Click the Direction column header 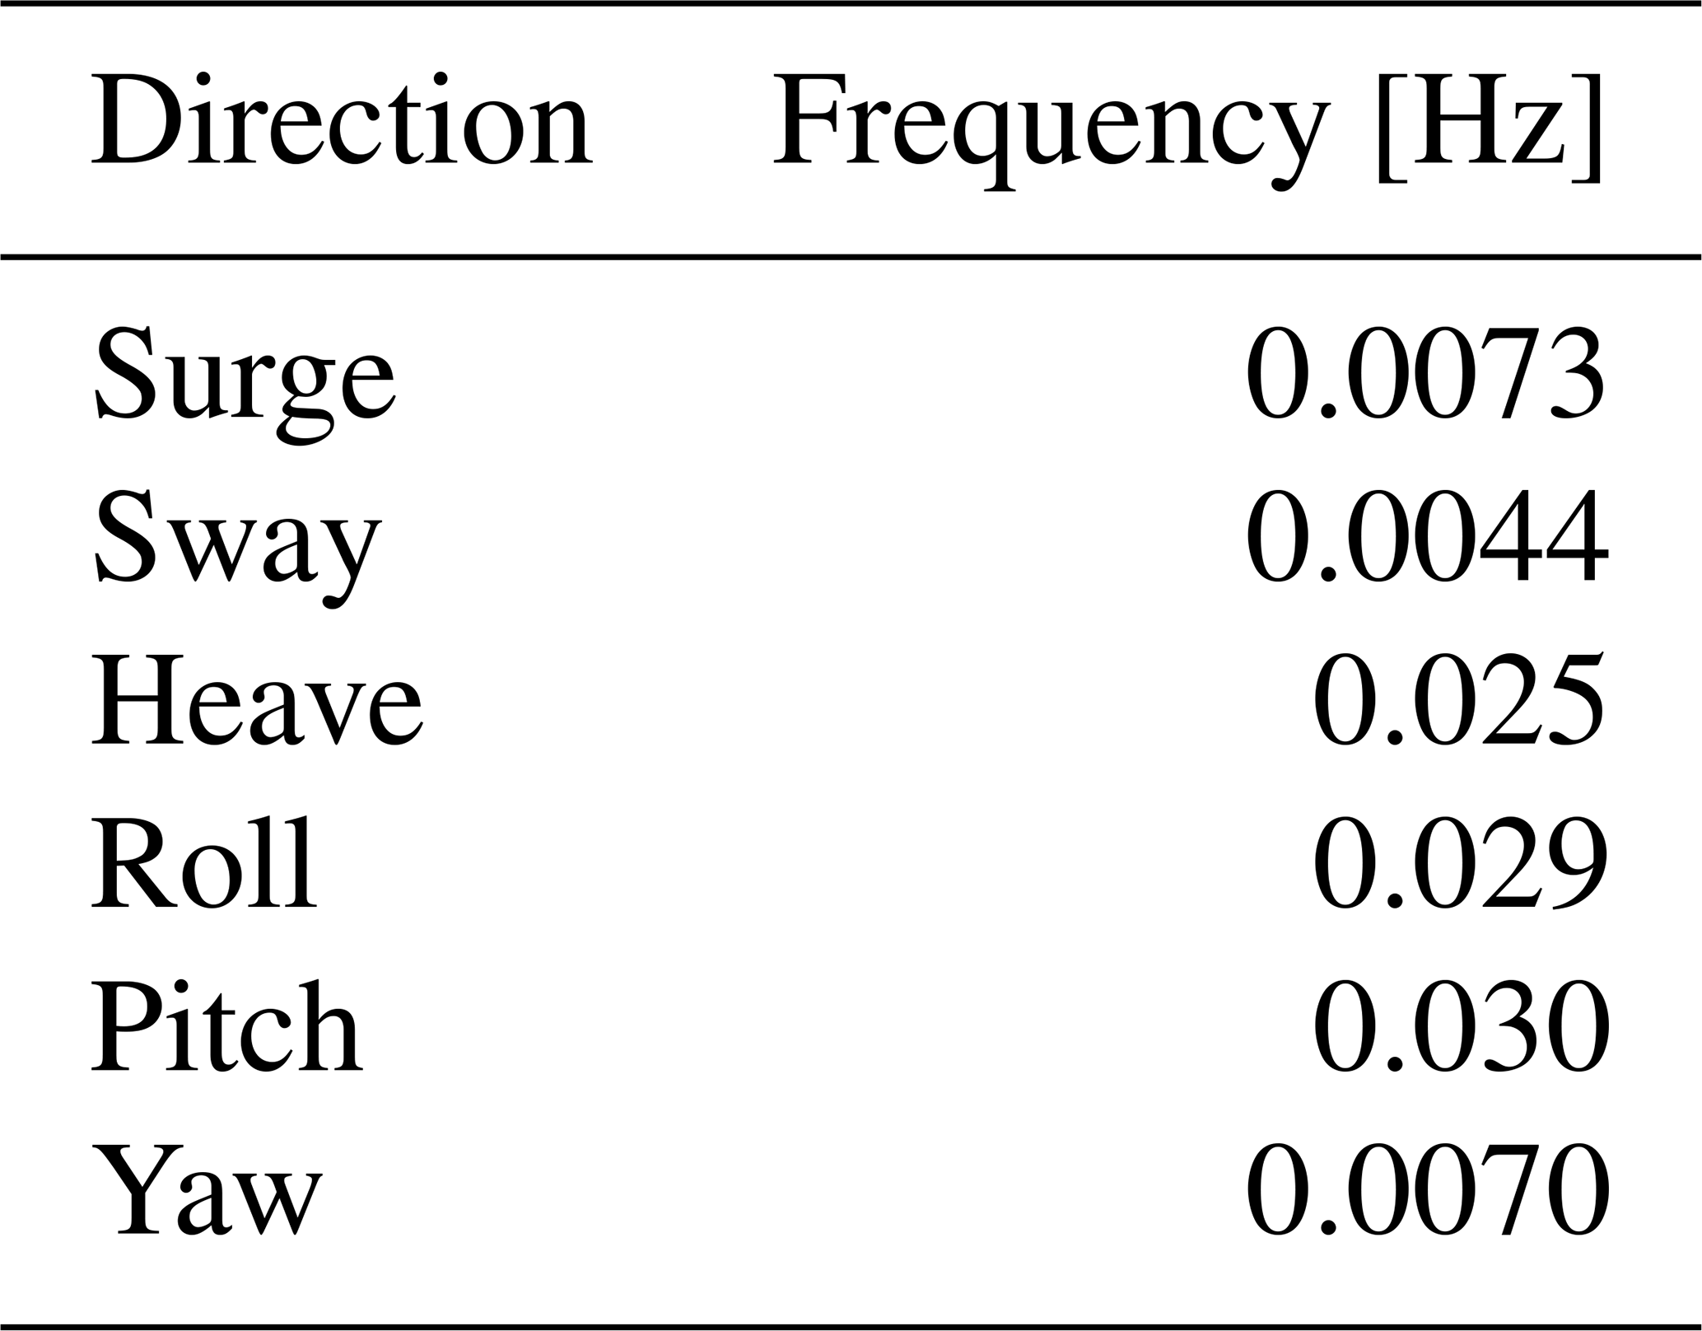pos(342,120)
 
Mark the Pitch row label pos(226,1025)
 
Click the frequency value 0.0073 pos(1425,375)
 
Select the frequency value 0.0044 pos(1426,538)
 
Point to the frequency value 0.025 pos(1458,700)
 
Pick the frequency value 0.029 pos(1459,862)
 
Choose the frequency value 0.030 pos(1460,1025)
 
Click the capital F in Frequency pos(818,120)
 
